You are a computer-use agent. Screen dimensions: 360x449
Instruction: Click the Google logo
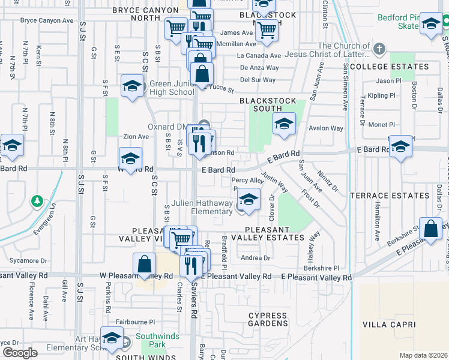coord(19,352)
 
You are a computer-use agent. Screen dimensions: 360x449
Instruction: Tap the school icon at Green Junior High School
coord(131,86)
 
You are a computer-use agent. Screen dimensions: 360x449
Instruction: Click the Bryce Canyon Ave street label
coord(47,20)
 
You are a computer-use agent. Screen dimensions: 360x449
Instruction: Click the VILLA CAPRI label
coord(389,325)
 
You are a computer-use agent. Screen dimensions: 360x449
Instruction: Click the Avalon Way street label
coord(326,128)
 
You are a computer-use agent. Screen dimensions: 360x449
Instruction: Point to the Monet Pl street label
coord(381,124)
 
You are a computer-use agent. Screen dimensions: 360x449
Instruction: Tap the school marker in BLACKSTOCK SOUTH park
coord(284,124)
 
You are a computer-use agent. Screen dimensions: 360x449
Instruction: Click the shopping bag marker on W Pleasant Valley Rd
coord(145,264)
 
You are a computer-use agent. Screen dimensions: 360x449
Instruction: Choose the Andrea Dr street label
coord(256,258)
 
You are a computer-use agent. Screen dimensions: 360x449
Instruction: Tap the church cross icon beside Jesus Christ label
coord(378,48)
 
